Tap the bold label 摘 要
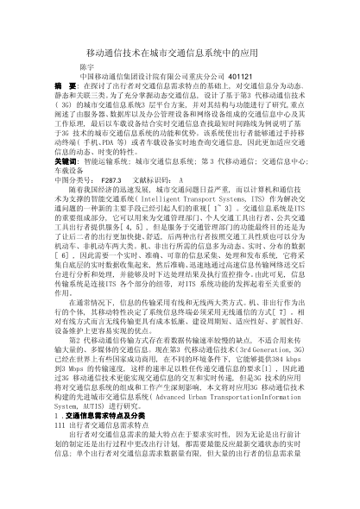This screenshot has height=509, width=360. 66,111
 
